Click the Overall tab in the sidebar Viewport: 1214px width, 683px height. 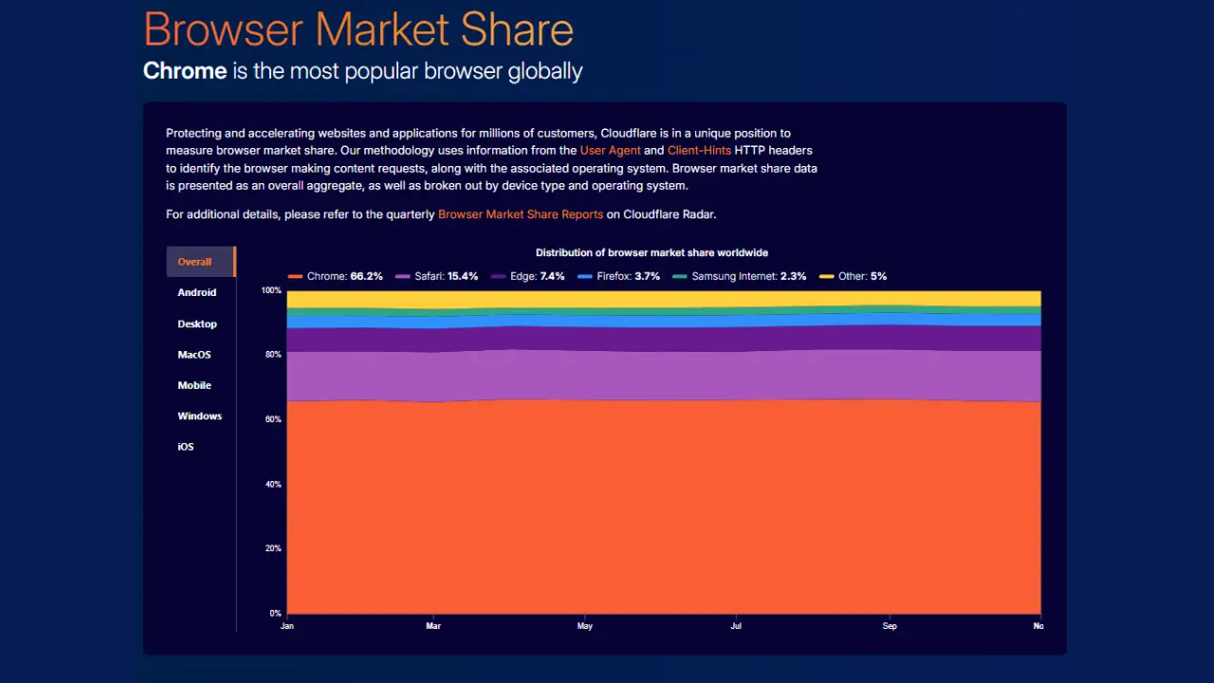pos(195,262)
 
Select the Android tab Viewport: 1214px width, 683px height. pos(197,292)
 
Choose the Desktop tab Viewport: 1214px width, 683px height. pos(197,323)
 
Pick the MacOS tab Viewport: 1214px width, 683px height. pos(194,355)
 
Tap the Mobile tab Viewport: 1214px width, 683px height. pos(194,385)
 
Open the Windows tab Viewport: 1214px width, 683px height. pos(199,415)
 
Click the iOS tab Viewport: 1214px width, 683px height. pos(186,447)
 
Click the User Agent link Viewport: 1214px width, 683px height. pos(610,150)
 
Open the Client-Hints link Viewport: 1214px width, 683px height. pos(699,150)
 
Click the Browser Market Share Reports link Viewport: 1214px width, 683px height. pos(521,214)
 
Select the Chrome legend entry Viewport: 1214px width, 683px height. pos(336,276)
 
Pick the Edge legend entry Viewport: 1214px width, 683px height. pos(528,276)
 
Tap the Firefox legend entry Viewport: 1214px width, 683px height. pos(616,276)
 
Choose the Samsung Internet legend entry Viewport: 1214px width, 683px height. pos(740,276)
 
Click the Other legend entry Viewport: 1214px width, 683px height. pos(854,276)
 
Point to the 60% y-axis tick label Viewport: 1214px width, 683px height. pos(272,419)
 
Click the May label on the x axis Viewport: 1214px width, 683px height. pos(585,626)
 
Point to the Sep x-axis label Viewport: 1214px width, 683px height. pos(890,626)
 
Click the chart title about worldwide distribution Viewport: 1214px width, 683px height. pos(652,253)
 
